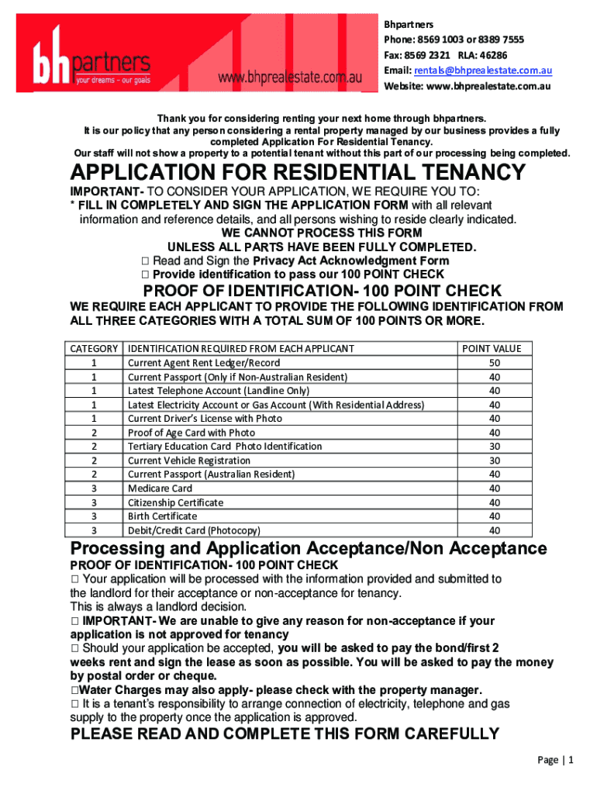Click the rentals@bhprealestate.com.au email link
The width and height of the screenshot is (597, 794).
tap(483, 71)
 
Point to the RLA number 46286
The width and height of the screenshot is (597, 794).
tap(493, 55)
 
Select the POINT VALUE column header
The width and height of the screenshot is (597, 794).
tap(492, 349)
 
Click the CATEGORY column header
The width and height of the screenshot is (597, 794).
tap(94, 349)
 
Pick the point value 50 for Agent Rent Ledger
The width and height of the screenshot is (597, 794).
tap(495, 363)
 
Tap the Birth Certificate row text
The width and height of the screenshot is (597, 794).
tap(162, 516)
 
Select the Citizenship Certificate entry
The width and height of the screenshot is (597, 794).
tap(175, 502)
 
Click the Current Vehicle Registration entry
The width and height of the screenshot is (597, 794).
tap(188, 461)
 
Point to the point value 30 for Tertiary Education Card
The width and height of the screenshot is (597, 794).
tap(495, 447)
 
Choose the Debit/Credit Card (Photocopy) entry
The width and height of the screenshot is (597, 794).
tap(194, 530)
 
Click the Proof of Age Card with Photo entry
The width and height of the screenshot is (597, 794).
tap(191, 433)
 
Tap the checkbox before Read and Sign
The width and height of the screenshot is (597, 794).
tap(145, 261)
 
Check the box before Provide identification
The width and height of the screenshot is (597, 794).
tap(145, 274)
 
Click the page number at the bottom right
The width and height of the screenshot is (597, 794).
tap(555, 761)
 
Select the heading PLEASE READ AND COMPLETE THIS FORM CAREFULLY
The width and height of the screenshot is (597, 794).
tap(285, 734)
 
